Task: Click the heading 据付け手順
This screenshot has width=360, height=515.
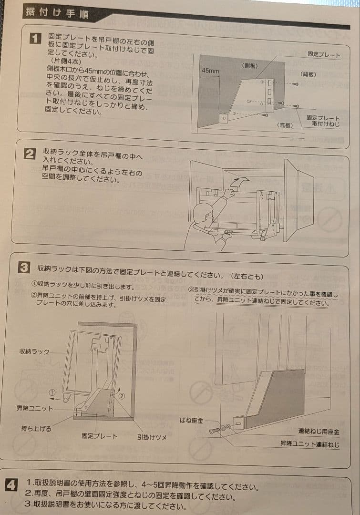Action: pos(57,13)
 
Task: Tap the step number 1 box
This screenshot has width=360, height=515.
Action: pos(35,39)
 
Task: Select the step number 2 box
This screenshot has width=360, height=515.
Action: pos(30,154)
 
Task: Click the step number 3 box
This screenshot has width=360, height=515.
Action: pos(24,268)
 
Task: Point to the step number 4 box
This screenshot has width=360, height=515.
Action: pos(11,485)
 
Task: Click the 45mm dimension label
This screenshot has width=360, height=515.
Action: pos(210,71)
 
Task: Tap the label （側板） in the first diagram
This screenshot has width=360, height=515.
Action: pos(250,66)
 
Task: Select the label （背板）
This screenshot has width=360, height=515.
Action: pos(308,74)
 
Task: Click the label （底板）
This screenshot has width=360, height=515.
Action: pos(285,125)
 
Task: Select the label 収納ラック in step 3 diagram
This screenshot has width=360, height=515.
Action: pos(34,352)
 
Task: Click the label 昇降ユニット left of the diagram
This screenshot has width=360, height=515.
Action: pos(34,409)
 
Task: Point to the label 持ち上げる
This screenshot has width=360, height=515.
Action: pos(36,429)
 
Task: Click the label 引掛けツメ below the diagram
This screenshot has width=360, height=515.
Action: pos(152,437)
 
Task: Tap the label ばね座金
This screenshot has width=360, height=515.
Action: pos(192,420)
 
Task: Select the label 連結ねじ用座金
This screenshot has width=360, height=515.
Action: pos(319,432)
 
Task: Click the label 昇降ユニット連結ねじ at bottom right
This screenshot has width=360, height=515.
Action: pos(310,444)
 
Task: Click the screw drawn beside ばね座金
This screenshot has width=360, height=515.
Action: pos(214,430)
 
